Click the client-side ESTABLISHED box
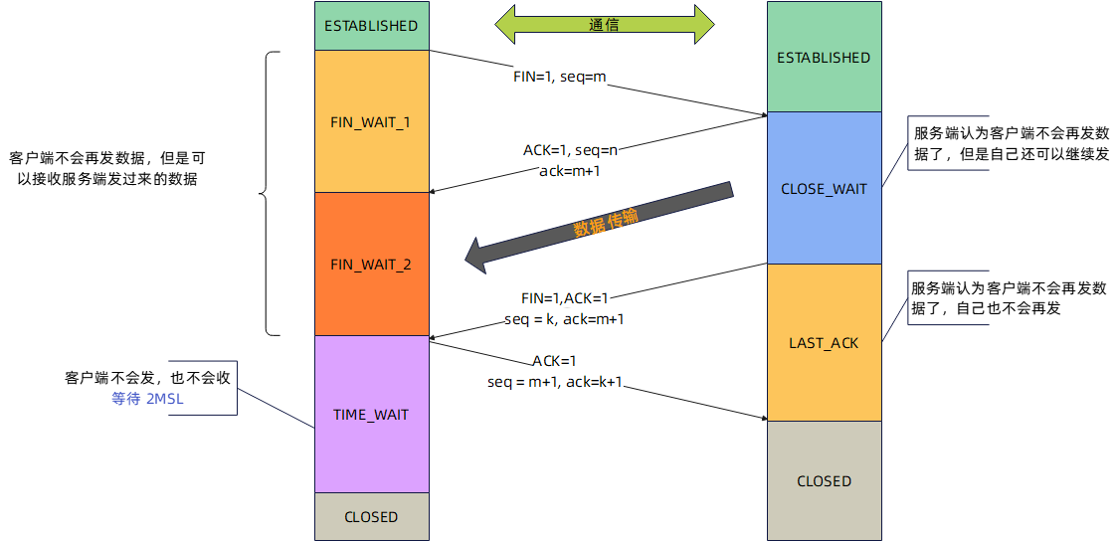click(371, 26)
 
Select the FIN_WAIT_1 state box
click(371, 121)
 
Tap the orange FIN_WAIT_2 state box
click(371, 264)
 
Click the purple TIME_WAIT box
click(371, 414)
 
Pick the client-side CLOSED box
click(371, 516)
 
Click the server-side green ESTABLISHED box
click(824, 57)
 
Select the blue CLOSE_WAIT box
click(824, 188)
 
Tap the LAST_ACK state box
click(824, 342)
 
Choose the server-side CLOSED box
click(824, 480)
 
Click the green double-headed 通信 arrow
click(605, 25)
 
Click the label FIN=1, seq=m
click(559, 77)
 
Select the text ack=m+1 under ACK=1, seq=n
click(570, 170)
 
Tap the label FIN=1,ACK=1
click(564, 298)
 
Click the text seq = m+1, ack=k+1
click(555, 382)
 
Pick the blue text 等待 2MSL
click(148, 399)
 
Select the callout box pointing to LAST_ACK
click(1009, 297)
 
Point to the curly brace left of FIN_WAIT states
click(267, 194)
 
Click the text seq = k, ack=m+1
click(564, 319)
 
